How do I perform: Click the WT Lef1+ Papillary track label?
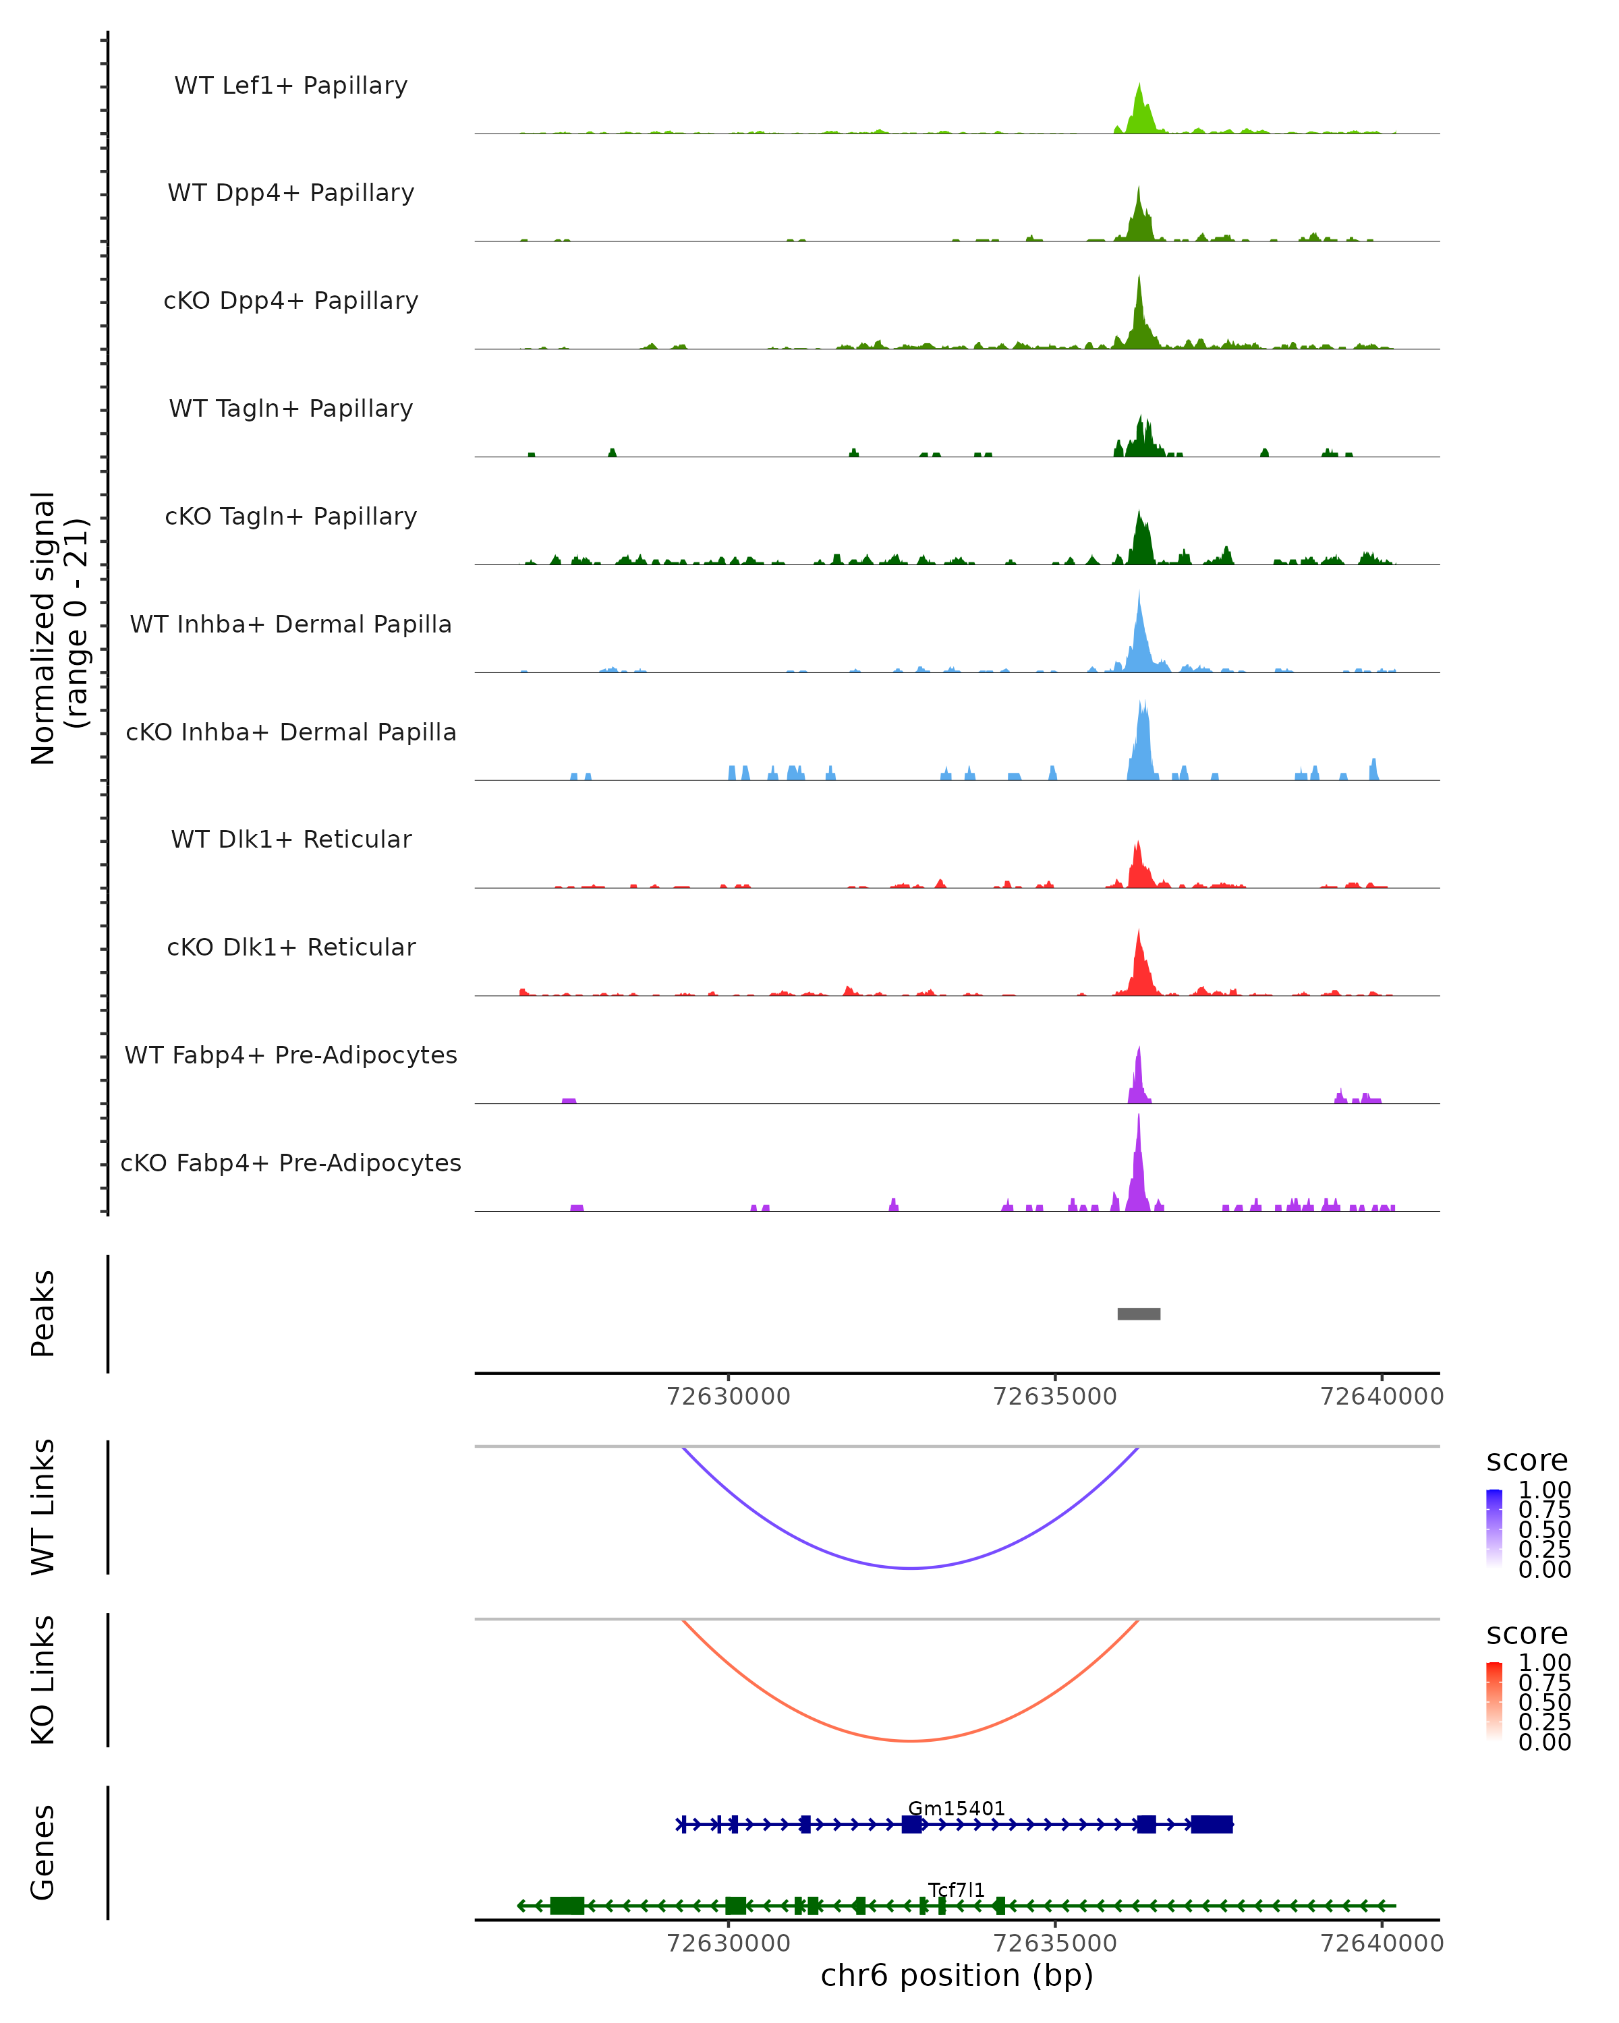[x=291, y=86]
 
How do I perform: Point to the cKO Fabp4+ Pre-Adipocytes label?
[x=291, y=1163]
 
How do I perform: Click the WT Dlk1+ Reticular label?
[x=291, y=839]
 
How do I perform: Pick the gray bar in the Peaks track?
[x=1139, y=1314]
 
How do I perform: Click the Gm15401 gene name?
[x=957, y=1808]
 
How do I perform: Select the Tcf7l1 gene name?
[x=957, y=1889]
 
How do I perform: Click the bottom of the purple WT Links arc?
[x=911, y=1568]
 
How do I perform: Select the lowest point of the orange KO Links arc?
[x=911, y=1740]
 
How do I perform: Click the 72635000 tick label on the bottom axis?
[x=1055, y=1943]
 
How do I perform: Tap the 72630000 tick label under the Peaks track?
[x=729, y=1397]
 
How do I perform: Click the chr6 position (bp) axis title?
[x=957, y=1975]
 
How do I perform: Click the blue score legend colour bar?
[x=1494, y=1529]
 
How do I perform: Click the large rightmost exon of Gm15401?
[x=1212, y=1824]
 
